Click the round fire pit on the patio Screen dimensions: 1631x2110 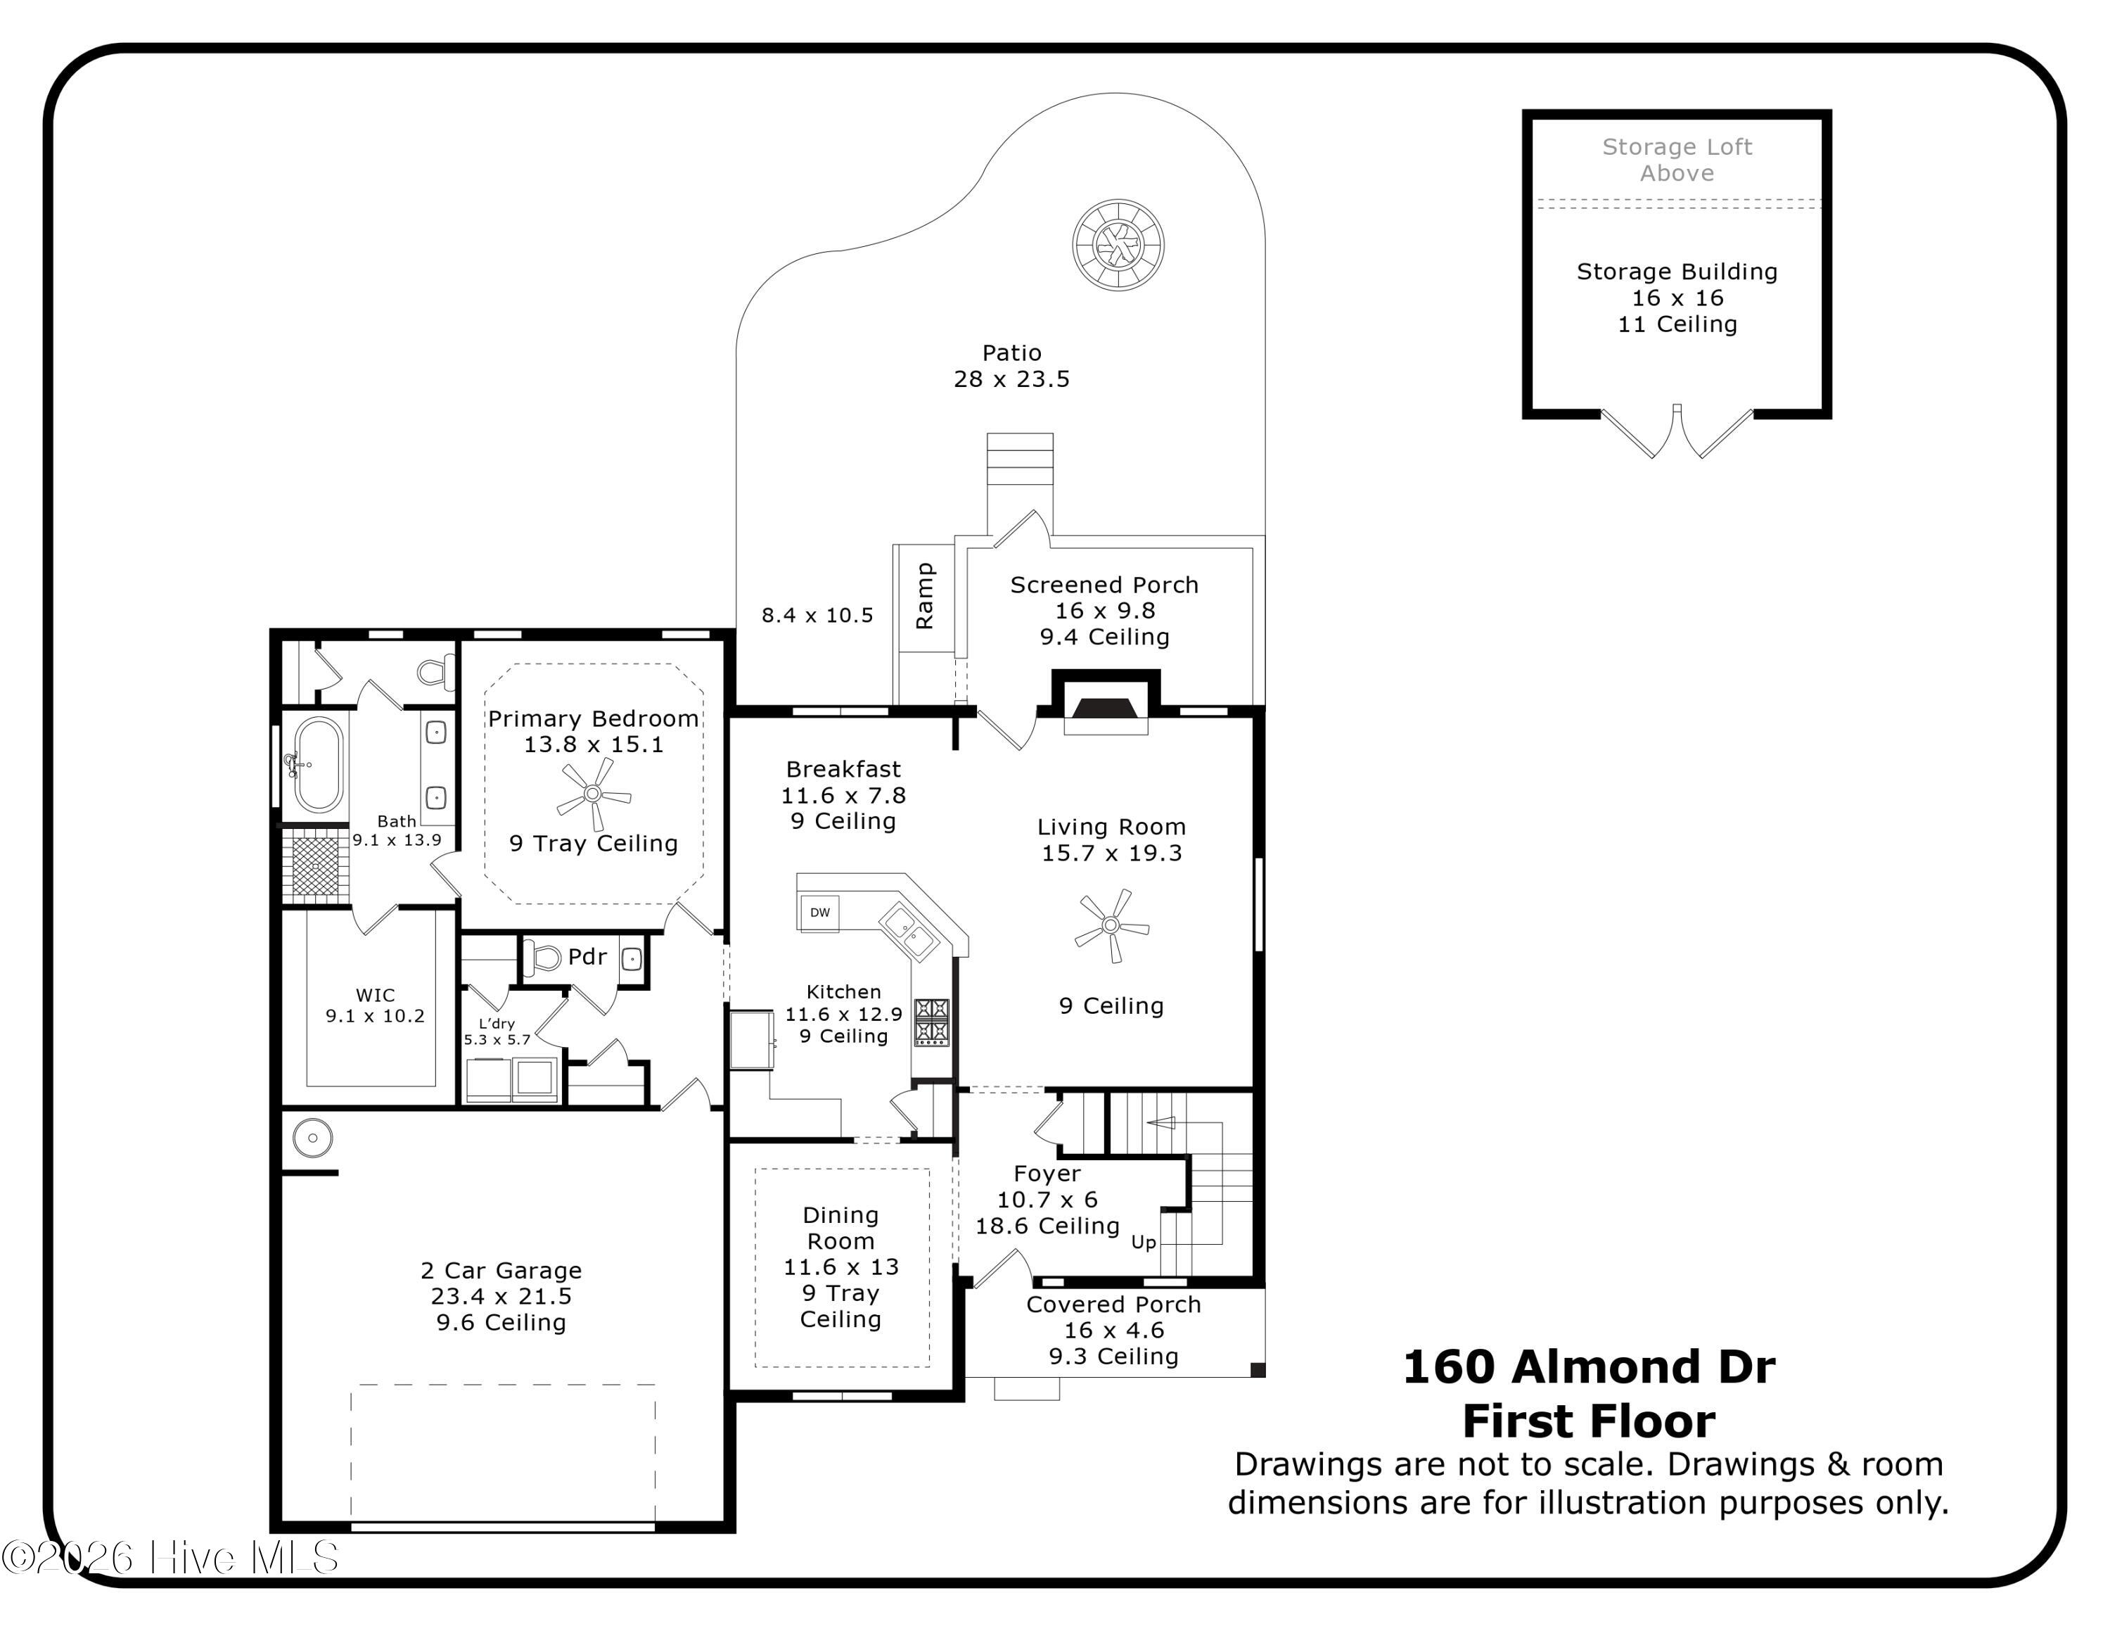coord(1118,246)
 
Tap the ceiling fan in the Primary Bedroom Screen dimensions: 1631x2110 coord(593,794)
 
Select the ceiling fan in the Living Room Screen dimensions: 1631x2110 coord(1111,926)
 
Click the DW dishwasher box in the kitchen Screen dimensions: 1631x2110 coord(819,912)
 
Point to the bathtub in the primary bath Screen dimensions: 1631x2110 coord(318,763)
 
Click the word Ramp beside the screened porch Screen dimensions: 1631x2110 coord(925,596)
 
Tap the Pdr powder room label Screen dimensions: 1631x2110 coord(587,956)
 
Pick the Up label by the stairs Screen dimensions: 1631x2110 coord(1143,1242)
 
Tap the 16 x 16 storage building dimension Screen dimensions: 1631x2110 coord(1677,298)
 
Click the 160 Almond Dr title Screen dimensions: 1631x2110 coord(1588,1366)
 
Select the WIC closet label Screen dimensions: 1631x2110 coord(375,994)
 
